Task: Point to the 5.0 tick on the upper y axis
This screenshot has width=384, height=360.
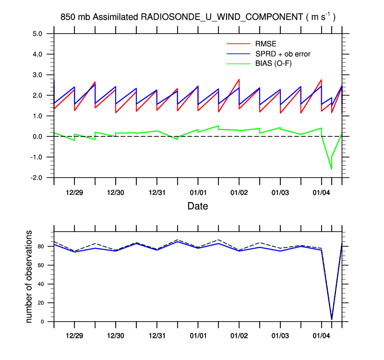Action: (38, 34)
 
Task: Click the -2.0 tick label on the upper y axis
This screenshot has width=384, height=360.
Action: (37, 178)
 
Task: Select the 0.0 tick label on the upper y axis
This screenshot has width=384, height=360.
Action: (38, 136)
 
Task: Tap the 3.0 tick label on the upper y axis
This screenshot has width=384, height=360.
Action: (38, 75)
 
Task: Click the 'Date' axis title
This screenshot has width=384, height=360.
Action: (197, 206)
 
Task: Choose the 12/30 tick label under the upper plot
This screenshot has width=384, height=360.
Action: (116, 192)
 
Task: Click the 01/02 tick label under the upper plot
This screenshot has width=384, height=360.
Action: (239, 192)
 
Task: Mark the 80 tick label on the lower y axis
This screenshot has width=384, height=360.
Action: (41, 247)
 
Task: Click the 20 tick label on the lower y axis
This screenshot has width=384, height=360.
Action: (41, 303)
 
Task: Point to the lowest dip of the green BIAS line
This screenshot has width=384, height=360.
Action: (331, 169)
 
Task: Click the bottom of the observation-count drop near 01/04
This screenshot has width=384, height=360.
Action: (332, 319)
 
